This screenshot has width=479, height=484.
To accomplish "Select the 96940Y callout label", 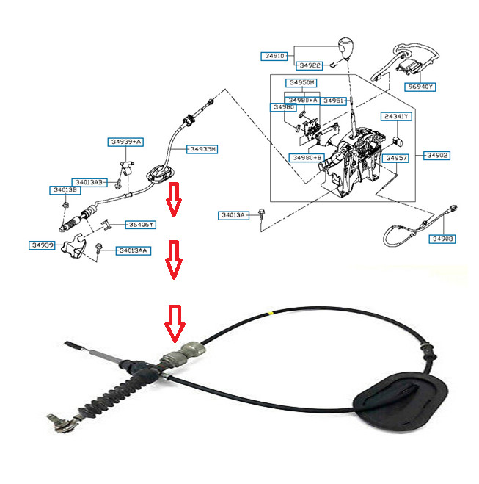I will click(421, 86).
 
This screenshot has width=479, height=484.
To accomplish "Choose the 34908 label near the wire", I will click(442, 239).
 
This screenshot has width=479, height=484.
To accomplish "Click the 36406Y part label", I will click(139, 225).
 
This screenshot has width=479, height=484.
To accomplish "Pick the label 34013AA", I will click(133, 250).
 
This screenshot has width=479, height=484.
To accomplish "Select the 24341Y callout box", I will click(396, 117).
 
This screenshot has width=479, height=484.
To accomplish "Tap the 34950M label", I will click(301, 82).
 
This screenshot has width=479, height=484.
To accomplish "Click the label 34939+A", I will click(126, 142).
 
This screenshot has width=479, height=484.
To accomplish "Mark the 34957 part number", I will click(396, 158).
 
